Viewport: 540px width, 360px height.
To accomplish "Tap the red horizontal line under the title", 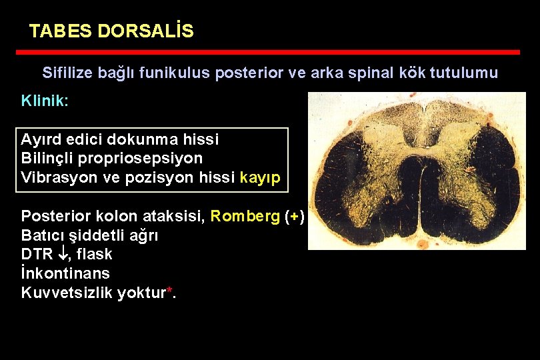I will pyautogui.click(x=267, y=52).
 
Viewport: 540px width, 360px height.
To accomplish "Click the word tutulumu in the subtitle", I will pyautogui.click(x=466, y=73).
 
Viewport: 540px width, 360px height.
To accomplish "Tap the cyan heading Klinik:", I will pyautogui.click(x=45, y=101).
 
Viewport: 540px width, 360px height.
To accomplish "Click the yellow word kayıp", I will pyautogui.click(x=261, y=178).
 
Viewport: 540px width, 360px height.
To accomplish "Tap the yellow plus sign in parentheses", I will pyautogui.click(x=293, y=216).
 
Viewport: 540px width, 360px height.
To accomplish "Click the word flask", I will pyautogui.click(x=95, y=254).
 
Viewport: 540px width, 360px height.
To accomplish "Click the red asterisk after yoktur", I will pyautogui.click(x=169, y=290).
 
